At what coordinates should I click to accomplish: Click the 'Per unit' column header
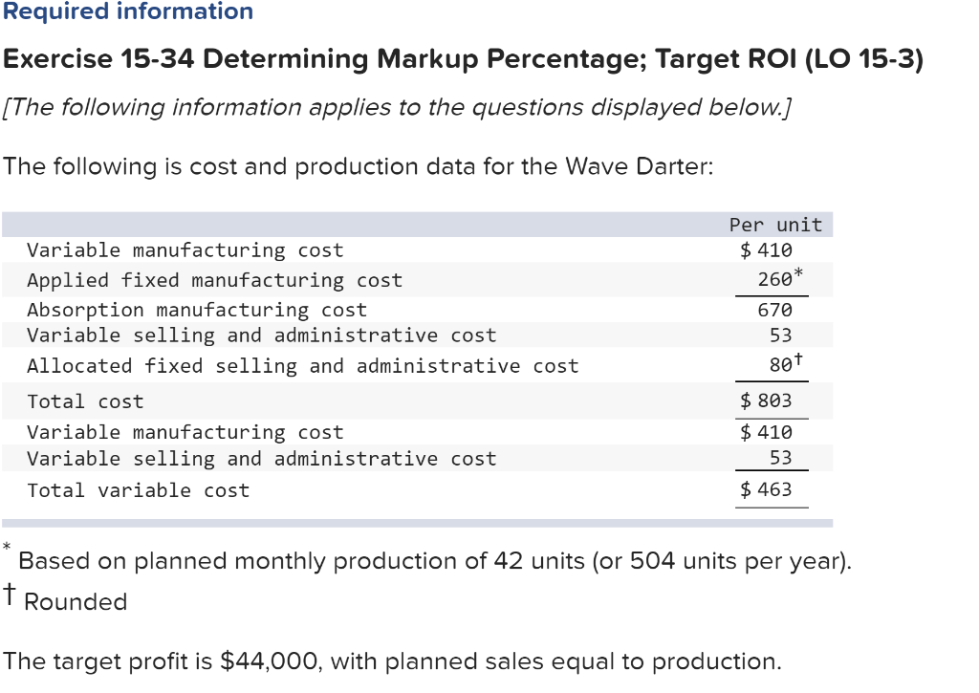click(x=774, y=225)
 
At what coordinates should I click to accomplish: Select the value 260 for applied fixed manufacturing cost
click(x=774, y=280)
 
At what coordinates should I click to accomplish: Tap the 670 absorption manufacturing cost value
click(x=774, y=310)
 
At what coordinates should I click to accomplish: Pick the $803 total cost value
click(x=767, y=401)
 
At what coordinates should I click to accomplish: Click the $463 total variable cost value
click(x=767, y=489)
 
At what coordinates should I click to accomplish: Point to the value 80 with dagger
click(x=780, y=365)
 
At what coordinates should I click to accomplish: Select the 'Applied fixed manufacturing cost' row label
click(x=214, y=280)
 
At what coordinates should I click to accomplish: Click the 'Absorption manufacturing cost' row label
click(x=196, y=310)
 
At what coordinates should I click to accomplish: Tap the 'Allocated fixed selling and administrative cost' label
click(x=302, y=365)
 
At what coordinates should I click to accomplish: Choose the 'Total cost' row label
click(x=85, y=401)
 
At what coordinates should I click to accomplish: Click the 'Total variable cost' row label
click(x=138, y=490)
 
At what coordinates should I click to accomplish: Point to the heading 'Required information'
click(x=127, y=12)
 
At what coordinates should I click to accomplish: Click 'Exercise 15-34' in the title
click(x=99, y=59)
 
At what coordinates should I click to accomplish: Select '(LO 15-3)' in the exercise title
click(x=864, y=59)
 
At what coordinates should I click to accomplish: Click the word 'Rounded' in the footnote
click(x=76, y=602)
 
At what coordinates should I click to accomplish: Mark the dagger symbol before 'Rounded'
click(x=10, y=596)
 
